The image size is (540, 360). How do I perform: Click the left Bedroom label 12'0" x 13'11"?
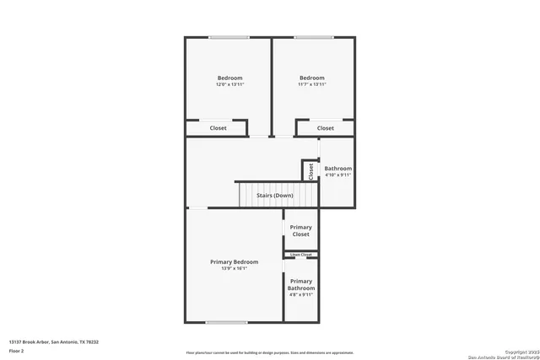point(229,81)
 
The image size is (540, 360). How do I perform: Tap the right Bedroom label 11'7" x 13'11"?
point(312,81)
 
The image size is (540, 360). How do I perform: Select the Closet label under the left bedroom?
point(219,128)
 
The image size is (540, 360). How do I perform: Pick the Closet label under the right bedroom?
point(326,128)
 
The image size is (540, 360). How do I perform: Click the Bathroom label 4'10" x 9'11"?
point(337,172)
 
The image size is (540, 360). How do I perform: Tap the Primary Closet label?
point(301,230)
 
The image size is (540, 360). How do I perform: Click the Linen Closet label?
point(301,255)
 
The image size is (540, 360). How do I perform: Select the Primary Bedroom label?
point(235,262)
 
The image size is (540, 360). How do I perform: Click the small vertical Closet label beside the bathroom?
point(310,171)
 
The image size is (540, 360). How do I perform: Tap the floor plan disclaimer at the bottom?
point(270,352)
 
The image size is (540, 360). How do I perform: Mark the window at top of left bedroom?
point(229,37)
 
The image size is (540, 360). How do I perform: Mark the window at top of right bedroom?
point(313,37)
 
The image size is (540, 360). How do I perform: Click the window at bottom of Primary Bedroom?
point(226,322)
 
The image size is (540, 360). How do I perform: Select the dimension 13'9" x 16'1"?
point(235,269)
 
